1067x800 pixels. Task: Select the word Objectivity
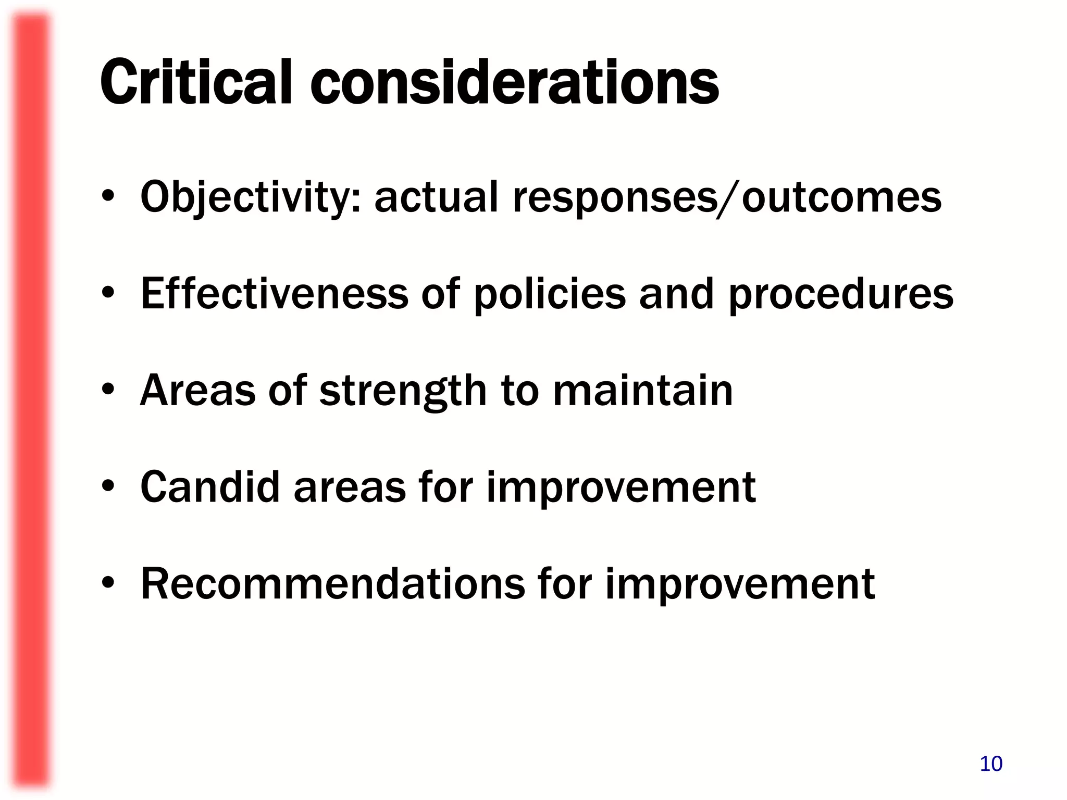point(251,198)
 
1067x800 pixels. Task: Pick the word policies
point(550,294)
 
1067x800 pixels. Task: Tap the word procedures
point(840,294)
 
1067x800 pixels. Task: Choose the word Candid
point(210,487)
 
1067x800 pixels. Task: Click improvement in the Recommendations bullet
point(740,585)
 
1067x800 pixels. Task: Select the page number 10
point(991,764)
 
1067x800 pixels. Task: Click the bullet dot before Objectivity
point(108,198)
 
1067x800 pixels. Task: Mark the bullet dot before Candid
point(108,487)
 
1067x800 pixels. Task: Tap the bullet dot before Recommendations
point(108,584)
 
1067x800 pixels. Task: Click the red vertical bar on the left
point(31,400)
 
